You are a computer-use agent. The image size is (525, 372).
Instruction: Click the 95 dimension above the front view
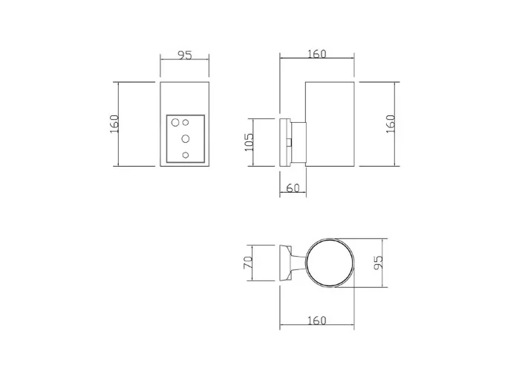point(185,54)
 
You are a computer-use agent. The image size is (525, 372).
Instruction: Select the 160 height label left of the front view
point(114,124)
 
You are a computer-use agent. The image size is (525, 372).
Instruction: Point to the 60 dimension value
point(292,189)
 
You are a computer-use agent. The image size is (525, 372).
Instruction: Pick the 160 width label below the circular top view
point(316,321)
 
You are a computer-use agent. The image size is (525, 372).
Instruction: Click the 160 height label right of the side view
point(390,124)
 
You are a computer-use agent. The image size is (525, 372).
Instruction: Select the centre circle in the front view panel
point(186,138)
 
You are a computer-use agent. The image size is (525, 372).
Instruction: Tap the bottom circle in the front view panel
point(186,155)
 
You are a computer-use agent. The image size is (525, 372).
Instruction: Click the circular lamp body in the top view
point(331,263)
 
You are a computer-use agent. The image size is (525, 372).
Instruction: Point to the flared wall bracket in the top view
point(285,263)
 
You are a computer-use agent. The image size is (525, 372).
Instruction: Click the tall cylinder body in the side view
point(330,124)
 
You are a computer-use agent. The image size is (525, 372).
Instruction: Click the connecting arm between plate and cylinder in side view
point(298,141)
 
